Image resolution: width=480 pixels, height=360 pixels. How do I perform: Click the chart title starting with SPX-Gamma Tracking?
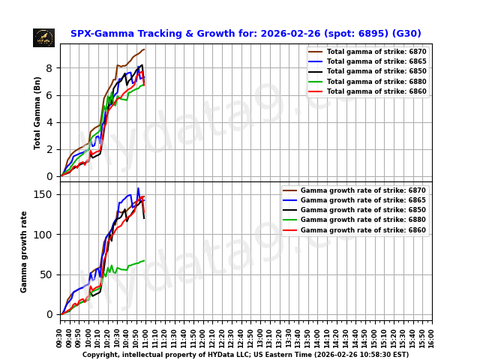(x=245, y=34)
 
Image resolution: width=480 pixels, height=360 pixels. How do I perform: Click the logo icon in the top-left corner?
(x=43, y=37)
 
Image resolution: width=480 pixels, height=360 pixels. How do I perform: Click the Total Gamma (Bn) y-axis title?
(x=37, y=112)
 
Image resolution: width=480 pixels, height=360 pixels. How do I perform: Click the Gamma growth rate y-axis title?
(x=24, y=251)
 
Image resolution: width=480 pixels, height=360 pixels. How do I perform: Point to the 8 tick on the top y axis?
(x=49, y=68)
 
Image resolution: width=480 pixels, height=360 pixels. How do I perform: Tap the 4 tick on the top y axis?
(x=49, y=122)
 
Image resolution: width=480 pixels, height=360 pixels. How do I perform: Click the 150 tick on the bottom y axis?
(x=45, y=194)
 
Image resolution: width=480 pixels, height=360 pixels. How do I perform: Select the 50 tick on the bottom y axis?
(x=47, y=274)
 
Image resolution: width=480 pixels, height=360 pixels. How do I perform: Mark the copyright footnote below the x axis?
(x=245, y=355)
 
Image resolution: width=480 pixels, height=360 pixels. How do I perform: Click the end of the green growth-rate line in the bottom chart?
(x=144, y=261)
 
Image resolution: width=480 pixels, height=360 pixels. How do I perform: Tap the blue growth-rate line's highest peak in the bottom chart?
(x=138, y=188)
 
